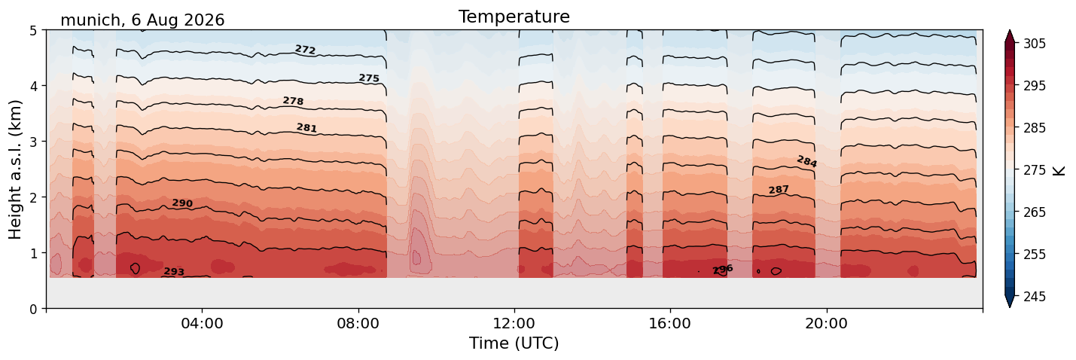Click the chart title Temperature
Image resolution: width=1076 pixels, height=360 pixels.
[x=514, y=17]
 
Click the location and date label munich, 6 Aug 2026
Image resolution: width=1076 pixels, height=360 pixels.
[x=142, y=20]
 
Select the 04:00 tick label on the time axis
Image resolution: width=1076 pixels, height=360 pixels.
[x=203, y=323]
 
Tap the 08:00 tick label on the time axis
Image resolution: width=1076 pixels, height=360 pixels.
[x=358, y=323]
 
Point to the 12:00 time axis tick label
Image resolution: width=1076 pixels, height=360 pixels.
[x=514, y=323]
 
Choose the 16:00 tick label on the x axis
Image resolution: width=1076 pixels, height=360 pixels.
[x=670, y=323]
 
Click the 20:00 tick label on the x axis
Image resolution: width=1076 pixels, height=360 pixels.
[x=826, y=323]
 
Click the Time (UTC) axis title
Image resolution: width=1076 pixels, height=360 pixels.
[x=514, y=343]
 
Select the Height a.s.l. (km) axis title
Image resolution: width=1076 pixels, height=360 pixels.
[x=15, y=169]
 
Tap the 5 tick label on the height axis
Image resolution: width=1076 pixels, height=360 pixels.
[x=33, y=31]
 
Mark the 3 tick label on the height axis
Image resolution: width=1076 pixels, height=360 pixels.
[x=33, y=142]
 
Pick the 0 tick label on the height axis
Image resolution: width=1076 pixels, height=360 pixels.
[x=33, y=309]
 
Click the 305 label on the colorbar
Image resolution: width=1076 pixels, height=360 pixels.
[x=1034, y=44]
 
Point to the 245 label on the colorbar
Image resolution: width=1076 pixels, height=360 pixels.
[x=1034, y=297]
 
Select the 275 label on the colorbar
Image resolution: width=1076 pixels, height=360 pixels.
[x=1034, y=170]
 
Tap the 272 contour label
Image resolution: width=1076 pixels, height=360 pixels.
[x=305, y=49]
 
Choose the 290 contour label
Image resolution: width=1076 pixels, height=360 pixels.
[x=182, y=203]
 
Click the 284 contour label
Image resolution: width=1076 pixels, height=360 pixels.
[x=807, y=161]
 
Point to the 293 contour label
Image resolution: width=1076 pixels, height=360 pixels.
[x=174, y=272]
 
